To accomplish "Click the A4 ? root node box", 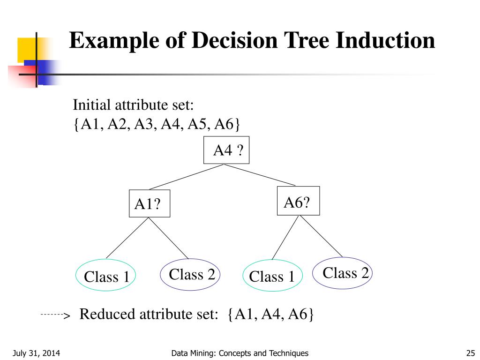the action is coord(226,150).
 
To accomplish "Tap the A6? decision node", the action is coord(298,201).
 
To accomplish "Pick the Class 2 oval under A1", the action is coord(191,274).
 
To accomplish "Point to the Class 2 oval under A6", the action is coord(342,272).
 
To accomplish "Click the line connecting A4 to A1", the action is coord(187,177).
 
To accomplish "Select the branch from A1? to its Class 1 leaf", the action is coord(127,238).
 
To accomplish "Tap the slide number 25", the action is coord(471,353).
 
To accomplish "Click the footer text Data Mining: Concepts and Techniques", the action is coord(240,353).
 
